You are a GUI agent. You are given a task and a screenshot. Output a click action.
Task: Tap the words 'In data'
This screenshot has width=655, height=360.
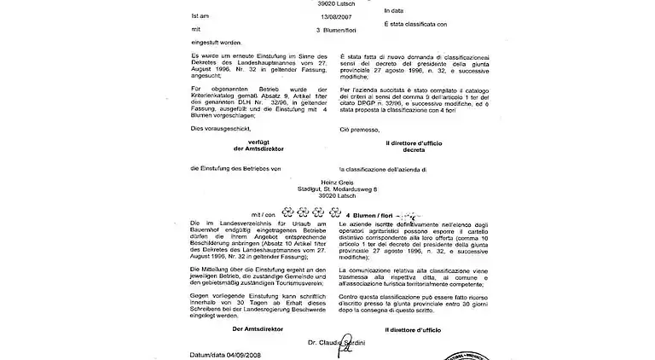pyautogui.click(x=397, y=10)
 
